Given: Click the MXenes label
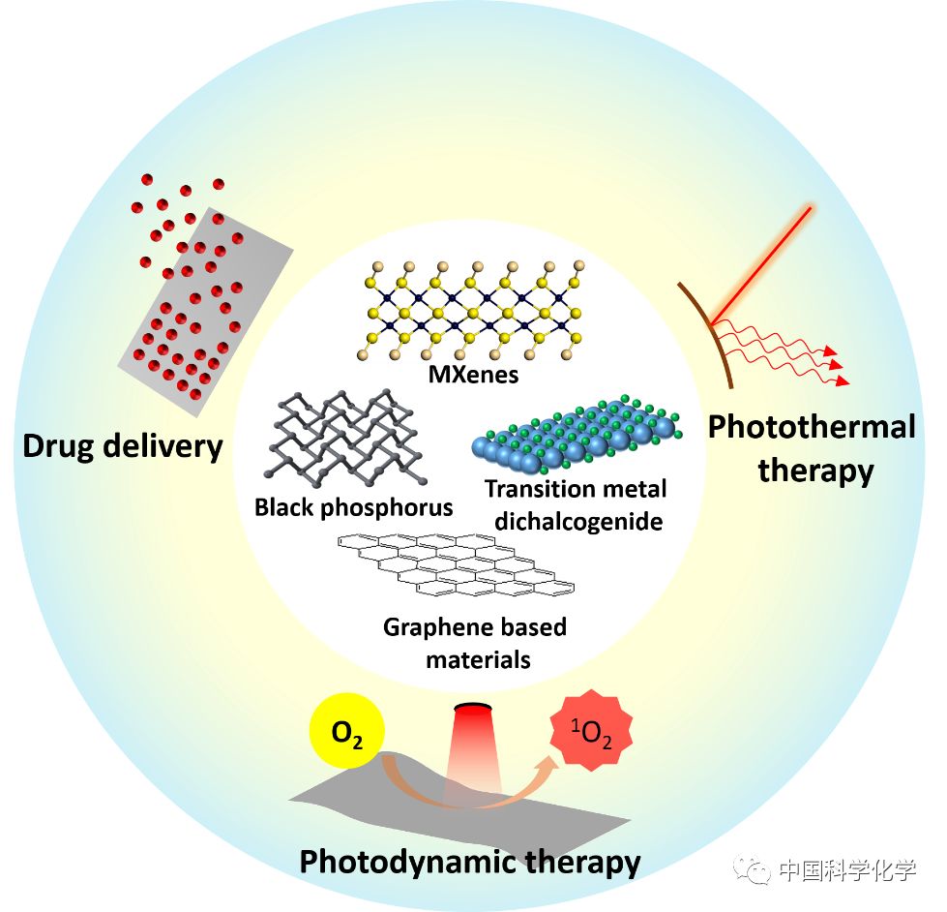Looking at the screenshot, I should (473, 375).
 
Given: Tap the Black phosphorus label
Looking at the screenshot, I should (353, 507).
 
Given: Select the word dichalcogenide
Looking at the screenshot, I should (578, 522).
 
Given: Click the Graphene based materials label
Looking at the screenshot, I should (474, 643).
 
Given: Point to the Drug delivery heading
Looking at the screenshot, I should (123, 446).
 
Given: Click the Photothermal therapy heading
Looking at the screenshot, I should (812, 448).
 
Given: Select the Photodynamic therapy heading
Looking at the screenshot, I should (470, 861).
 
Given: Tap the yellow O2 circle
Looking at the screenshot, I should (347, 733).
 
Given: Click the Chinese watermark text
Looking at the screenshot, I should (847, 871).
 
